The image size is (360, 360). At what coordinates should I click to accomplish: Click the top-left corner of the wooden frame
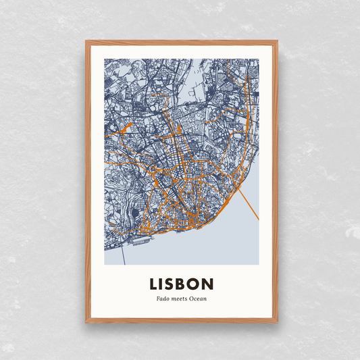click(86, 41)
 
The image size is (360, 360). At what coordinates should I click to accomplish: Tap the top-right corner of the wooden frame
click(278, 41)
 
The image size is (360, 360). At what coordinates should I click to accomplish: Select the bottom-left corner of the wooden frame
click(86, 323)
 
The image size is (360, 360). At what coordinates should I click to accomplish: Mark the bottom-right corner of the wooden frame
click(278, 323)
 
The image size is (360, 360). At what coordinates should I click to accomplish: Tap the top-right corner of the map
click(258, 59)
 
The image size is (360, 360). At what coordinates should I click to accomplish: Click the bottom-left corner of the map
click(105, 264)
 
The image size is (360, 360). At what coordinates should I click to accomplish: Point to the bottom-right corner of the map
click(258, 264)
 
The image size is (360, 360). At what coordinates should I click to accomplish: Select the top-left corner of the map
click(105, 59)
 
